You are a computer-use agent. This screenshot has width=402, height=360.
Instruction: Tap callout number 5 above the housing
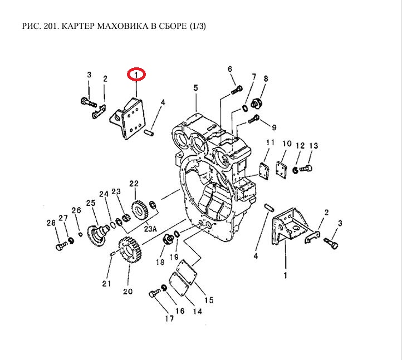(x=196, y=88)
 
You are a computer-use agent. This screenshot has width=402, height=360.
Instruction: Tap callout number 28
(x=51, y=223)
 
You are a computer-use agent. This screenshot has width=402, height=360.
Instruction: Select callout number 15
(x=209, y=300)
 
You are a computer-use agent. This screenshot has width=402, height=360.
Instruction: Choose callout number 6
(x=229, y=68)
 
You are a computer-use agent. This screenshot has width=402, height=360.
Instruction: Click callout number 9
(x=273, y=127)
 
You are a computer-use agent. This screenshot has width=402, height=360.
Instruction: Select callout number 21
(x=106, y=284)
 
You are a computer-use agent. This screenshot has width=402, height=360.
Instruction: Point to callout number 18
(x=160, y=262)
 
